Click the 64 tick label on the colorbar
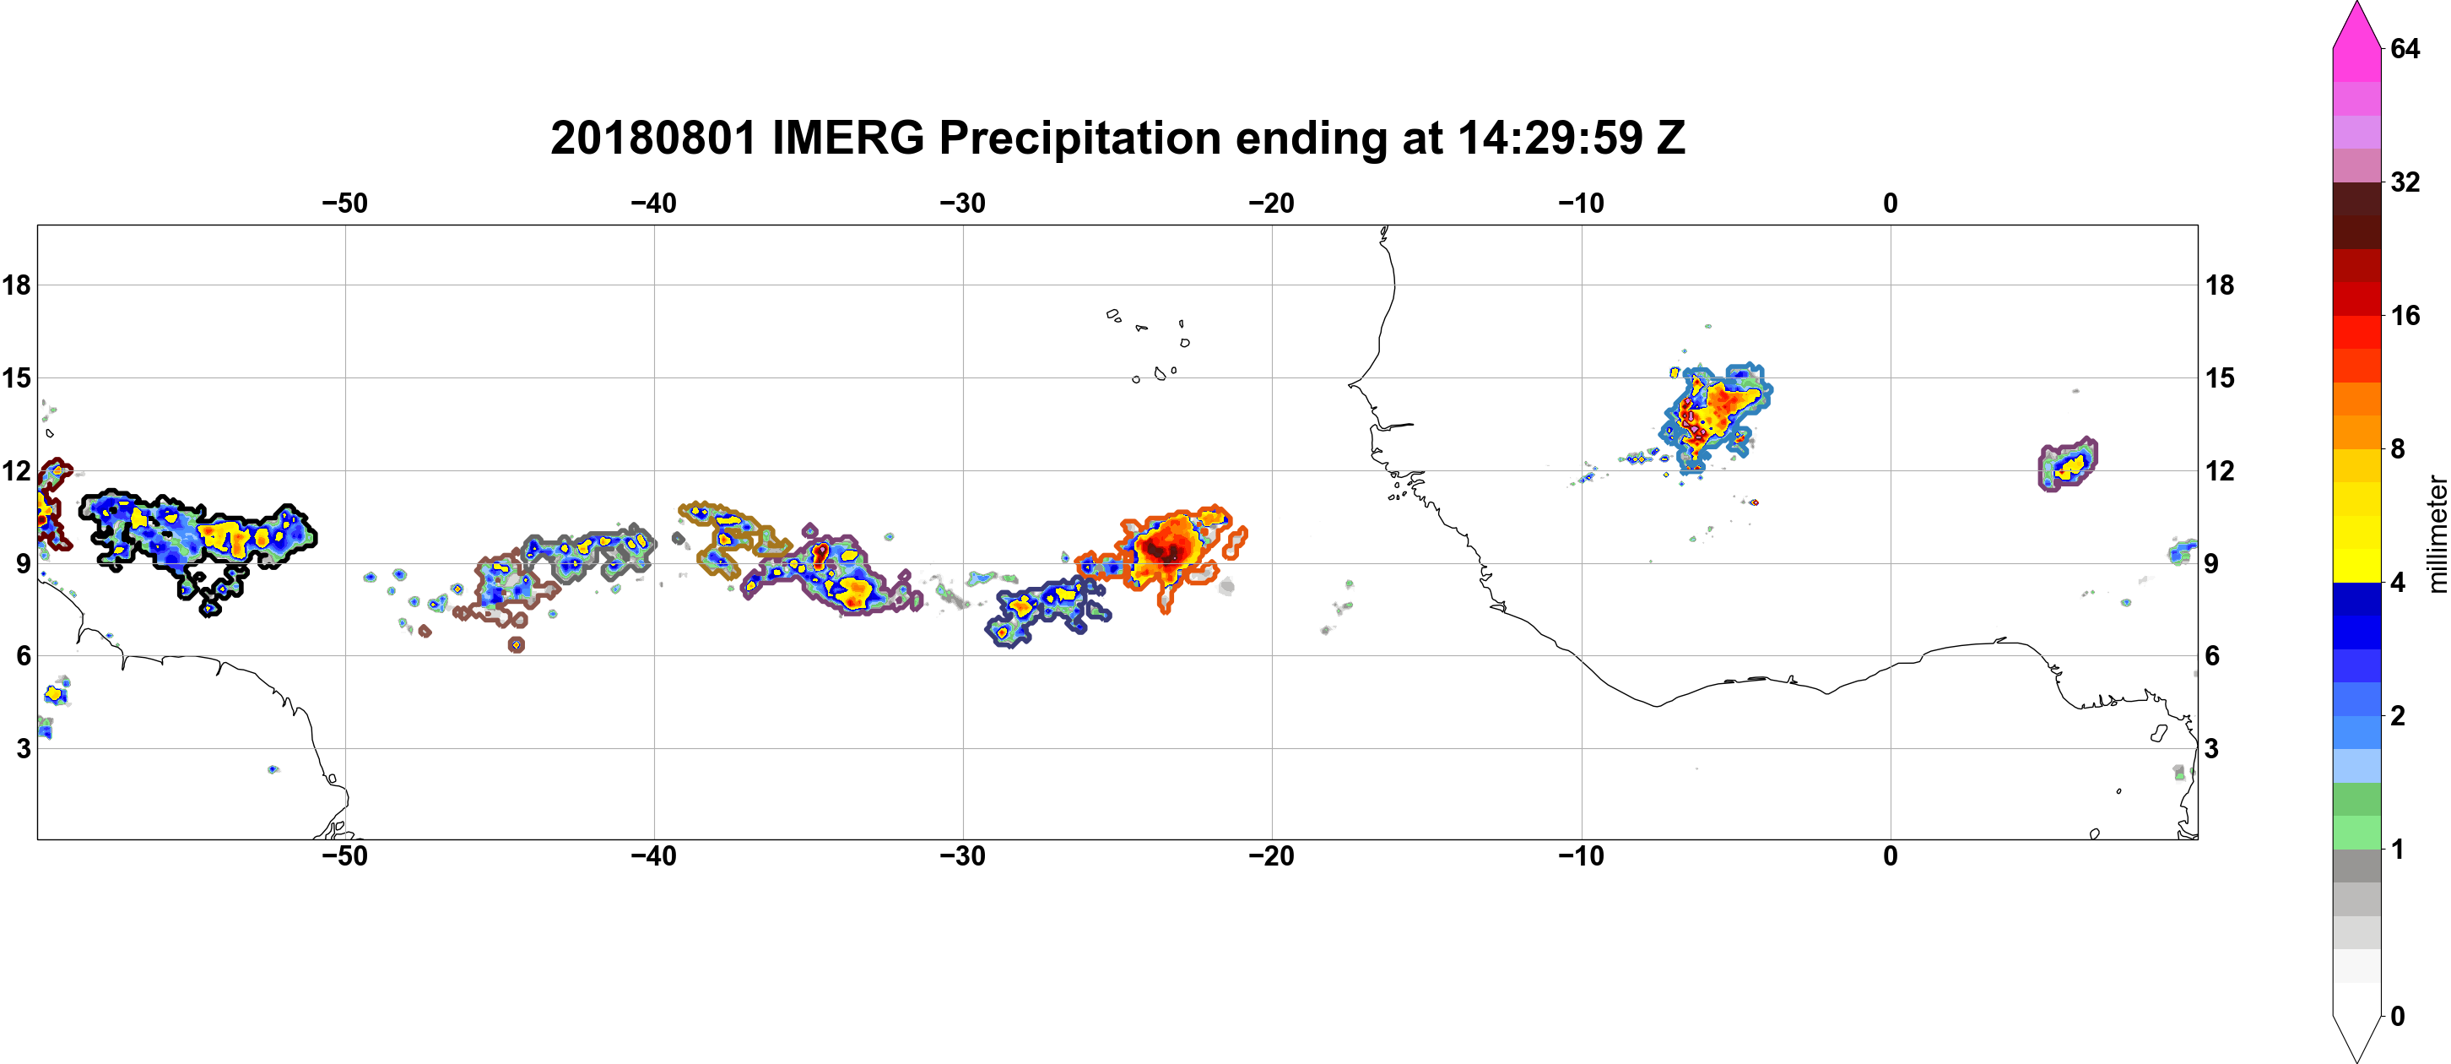(x=2405, y=48)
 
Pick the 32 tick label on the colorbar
(x=2405, y=182)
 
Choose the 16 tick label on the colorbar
(x=2405, y=315)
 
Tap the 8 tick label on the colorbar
(x=2398, y=448)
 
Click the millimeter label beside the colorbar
(x=2436, y=535)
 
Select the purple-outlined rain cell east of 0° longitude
(x=2068, y=464)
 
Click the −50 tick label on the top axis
(x=344, y=203)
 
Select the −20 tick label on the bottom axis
(x=1272, y=856)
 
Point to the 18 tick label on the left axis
(x=16, y=285)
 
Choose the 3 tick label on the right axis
(x=2213, y=748)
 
